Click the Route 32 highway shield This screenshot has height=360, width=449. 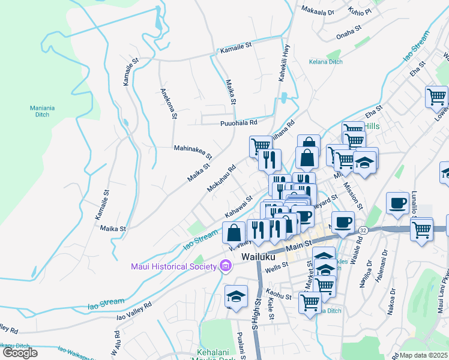(363, 230)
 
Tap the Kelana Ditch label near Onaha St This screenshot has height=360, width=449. (326, 61)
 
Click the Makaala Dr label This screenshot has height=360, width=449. (318, 11)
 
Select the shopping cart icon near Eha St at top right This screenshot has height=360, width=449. (436, 96)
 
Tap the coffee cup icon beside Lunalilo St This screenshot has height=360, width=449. (397, 202)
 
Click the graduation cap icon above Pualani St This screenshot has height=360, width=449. (237, 296)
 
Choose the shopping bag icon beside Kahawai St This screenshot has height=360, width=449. (234, 232)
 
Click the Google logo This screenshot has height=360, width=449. (20, 353)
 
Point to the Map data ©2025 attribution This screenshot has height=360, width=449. (423, 355)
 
